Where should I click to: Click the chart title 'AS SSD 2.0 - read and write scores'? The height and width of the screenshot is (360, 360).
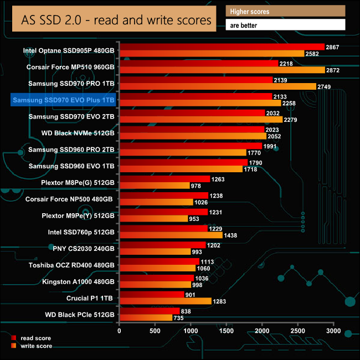tap(116, 20)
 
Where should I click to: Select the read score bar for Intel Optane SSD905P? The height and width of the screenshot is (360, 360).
tap(222, 47)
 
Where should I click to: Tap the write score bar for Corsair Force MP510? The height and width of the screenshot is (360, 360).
tap(222, 70)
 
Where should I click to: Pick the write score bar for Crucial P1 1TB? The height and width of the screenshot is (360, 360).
tap(165, 301)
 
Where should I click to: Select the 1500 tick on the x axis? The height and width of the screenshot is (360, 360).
tap(227, 331)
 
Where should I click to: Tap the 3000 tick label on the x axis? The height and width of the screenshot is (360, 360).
tap(333, 331)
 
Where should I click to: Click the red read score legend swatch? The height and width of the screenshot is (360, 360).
tap(13, 337)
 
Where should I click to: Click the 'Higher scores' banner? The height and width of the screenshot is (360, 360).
tap(286, 11)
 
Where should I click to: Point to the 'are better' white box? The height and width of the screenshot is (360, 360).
tap(286, 25)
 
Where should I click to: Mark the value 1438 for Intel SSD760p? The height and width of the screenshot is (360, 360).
tap(232, 235)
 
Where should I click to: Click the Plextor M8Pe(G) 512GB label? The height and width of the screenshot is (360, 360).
tap(78, 182)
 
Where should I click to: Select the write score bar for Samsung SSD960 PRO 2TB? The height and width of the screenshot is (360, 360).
tap(183, 152)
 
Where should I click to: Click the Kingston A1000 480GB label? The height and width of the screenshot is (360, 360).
tap(79, 281)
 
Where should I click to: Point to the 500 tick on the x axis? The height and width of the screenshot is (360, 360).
tap(155, 331)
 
